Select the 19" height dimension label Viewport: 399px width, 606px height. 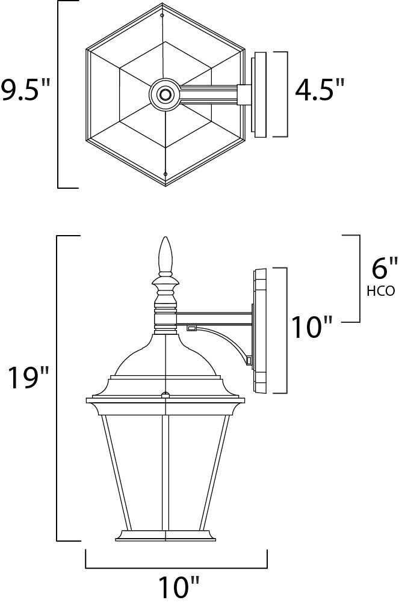click(28, 379)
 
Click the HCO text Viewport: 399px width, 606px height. click(380, 292)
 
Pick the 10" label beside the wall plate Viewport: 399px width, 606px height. click(312, 327)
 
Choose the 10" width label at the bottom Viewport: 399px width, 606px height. click(178, 587)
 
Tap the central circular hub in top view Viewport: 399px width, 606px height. click(164, 94)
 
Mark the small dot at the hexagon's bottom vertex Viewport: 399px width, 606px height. click(164, 175)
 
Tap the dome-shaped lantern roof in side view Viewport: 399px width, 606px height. click(165, 358)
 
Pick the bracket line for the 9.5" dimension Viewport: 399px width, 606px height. click(58, 94)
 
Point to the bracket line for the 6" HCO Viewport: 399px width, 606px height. click(360, 278)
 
